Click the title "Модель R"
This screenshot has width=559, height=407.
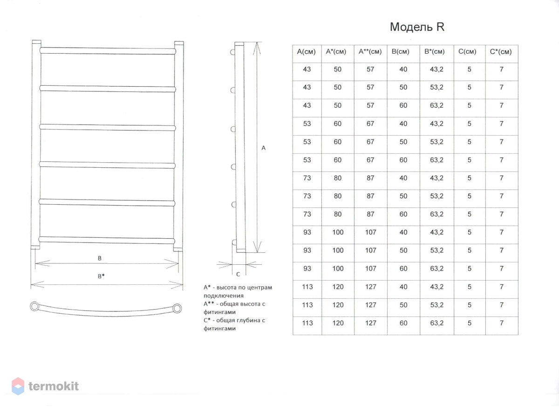pos(417,27)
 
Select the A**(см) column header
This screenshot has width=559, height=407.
pos(370,52)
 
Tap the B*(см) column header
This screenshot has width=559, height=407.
pos(435,52)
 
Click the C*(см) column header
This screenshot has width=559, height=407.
pos(501,52)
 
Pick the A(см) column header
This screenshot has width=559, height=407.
pos(306,52)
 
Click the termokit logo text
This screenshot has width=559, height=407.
pos(54,386)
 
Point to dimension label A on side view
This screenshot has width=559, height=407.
pos(263,148)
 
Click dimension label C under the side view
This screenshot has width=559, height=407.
pos(238,274)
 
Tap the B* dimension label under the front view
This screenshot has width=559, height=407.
pos(101,276)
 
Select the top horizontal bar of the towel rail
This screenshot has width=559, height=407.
pos(108,51)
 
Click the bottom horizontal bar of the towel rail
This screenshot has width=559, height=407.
pos(107,240)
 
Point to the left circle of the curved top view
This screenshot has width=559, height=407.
pos(34,306)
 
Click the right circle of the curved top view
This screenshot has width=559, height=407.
pos(177,308)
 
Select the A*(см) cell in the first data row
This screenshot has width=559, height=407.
pos(337,69)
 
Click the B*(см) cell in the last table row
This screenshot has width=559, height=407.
pos(437,323)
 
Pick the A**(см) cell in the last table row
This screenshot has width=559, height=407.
pos(371,323)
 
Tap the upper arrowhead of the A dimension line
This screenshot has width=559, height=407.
pos(257,48)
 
